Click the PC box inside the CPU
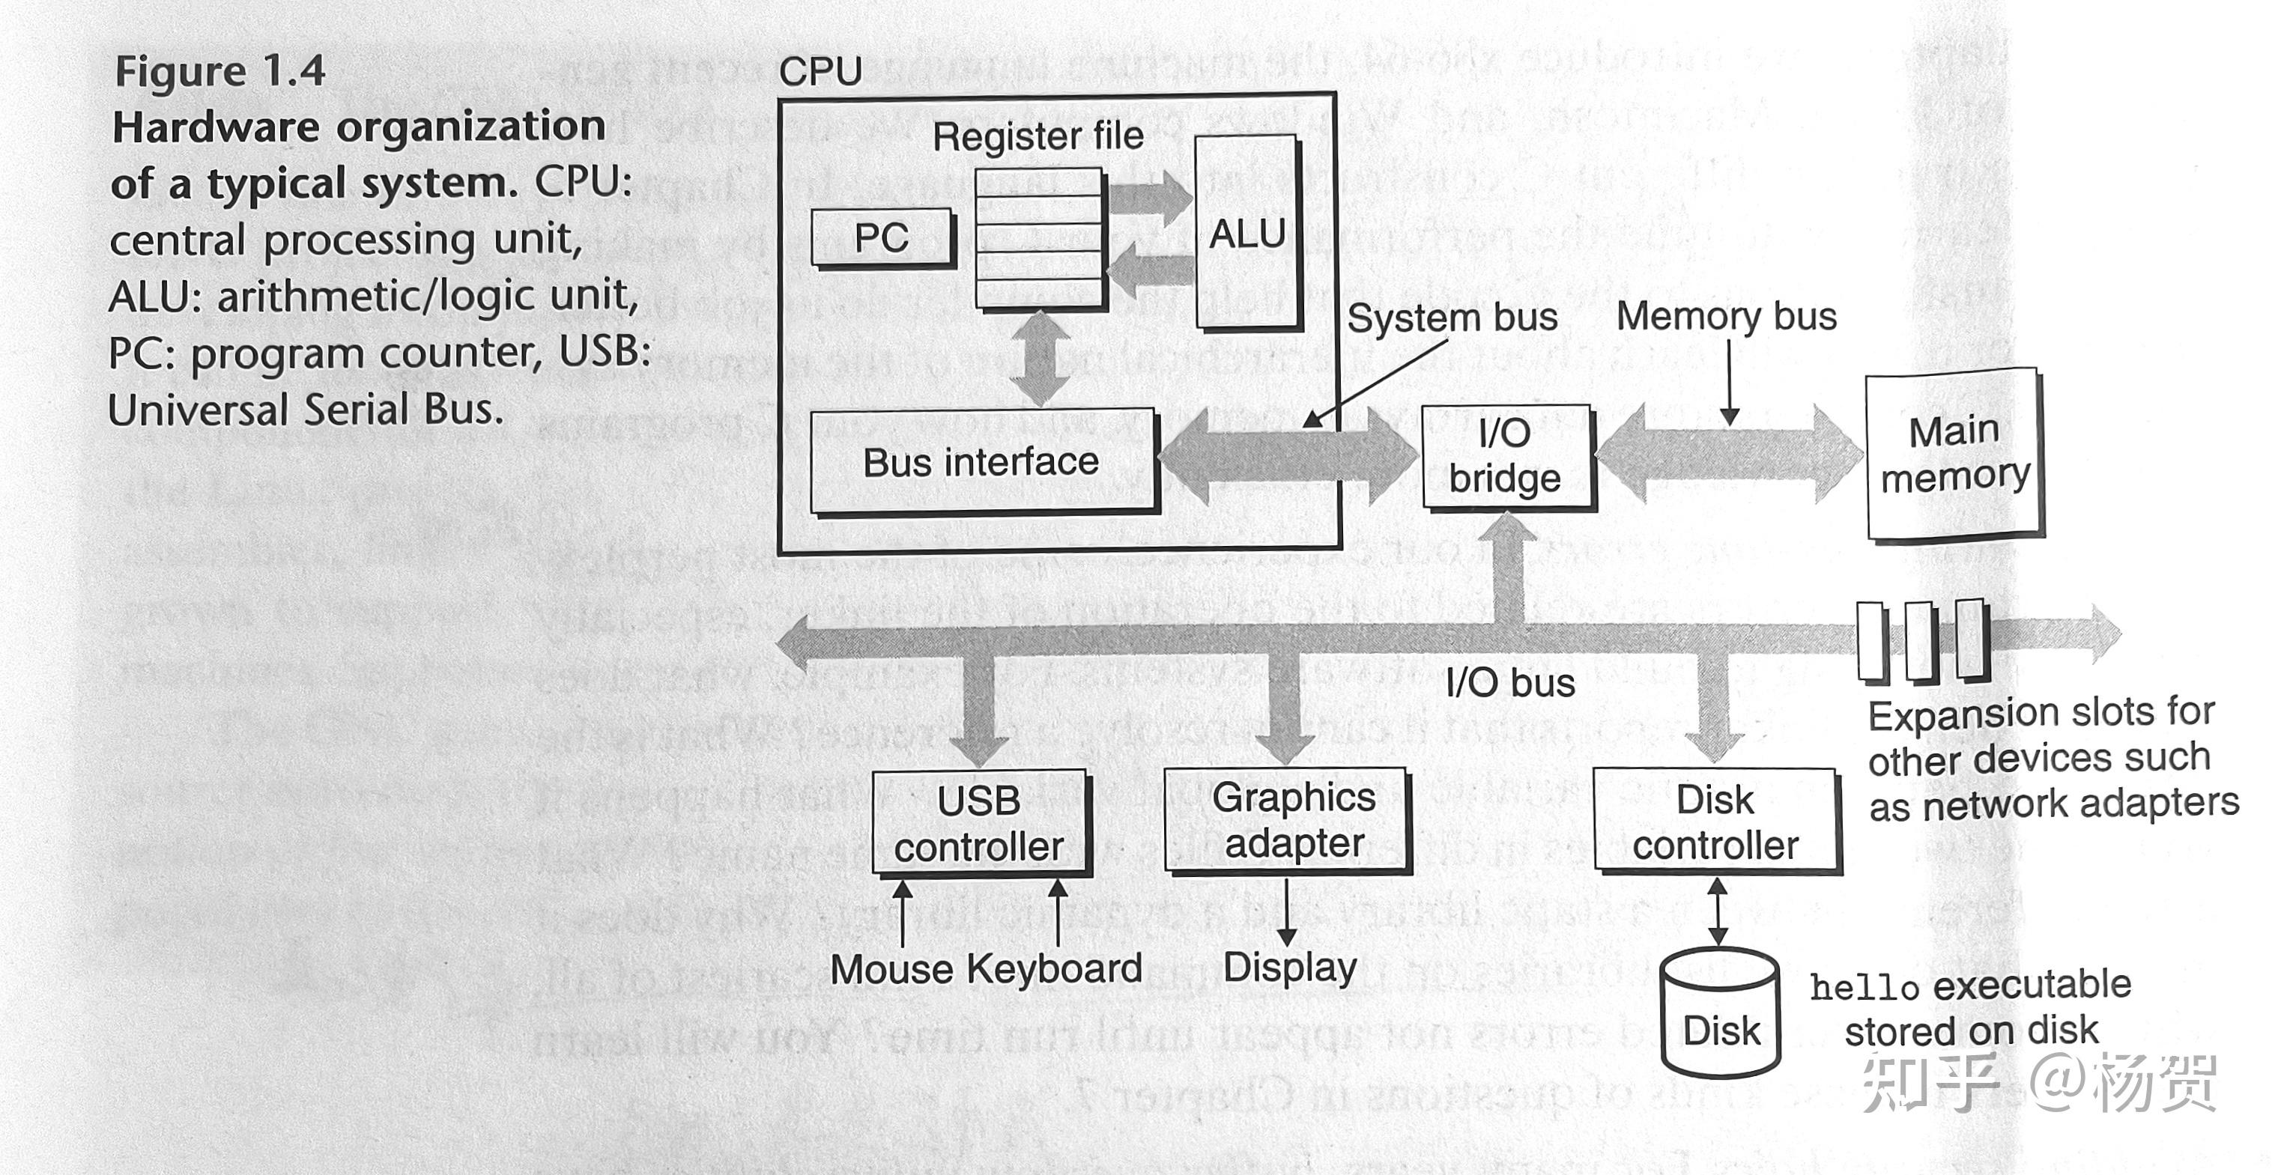coord(882,237)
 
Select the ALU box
coord(1247,234)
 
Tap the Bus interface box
coord(981,461)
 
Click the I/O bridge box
coord(1505,456)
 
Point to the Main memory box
coord(1954,454)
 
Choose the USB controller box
coord(979,823)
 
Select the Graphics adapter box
coord(1293,819)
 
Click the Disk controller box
coord(1715,822)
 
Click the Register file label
coord(1037,136)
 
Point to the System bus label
coord(1451,318)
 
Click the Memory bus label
coord(1726,315)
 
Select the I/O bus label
coord(1510,682)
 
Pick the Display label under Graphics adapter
coord(1289,968)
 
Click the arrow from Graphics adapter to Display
coord(1287,911)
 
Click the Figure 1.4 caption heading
coord(220,70)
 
